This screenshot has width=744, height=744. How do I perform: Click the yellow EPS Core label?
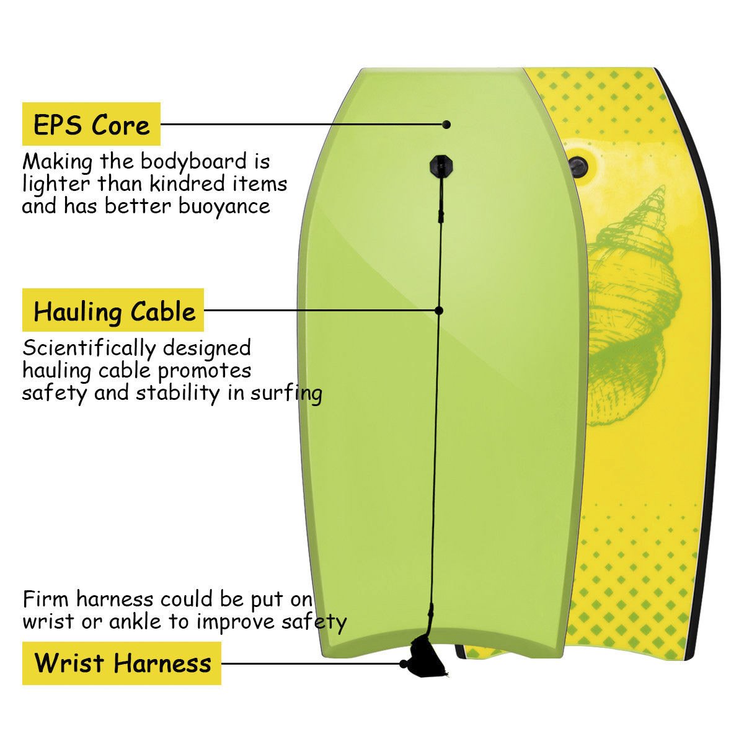[91, 124]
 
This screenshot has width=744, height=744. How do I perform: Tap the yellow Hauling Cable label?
[113, 310]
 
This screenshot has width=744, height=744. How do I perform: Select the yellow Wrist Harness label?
[122, 663]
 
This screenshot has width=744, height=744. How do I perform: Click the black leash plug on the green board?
[441, 166]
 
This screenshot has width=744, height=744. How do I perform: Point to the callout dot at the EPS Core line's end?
[446, 125]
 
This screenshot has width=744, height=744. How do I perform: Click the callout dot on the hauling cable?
[439, 310]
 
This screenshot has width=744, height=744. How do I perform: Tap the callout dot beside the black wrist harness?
[404, 664]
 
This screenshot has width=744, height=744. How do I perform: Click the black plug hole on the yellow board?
[578, 167]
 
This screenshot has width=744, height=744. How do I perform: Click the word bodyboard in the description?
[193, 161]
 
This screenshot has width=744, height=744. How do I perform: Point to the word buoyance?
[224, 206]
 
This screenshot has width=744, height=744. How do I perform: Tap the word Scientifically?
[89, 348]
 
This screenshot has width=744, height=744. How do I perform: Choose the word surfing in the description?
[286, 394]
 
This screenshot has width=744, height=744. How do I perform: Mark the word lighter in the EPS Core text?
[56, 184]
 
